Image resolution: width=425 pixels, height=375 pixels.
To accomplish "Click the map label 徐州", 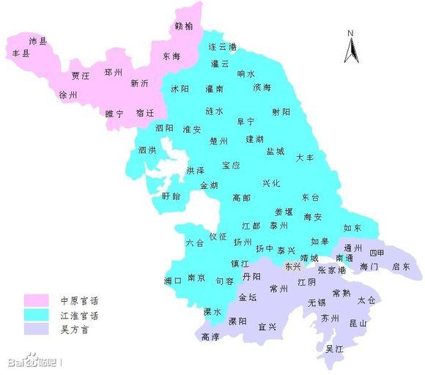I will tap(67, 94).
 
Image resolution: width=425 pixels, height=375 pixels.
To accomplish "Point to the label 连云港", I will tap(222, 46).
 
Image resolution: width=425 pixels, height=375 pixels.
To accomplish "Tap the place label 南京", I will tap(196, 278).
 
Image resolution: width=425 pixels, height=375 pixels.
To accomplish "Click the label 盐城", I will tap(276, 151).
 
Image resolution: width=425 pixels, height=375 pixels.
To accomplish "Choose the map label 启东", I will tap(401, 267).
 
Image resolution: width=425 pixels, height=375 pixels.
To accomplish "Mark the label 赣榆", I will tap(185, 27).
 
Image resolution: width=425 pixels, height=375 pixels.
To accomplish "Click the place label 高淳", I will tap(210, 337).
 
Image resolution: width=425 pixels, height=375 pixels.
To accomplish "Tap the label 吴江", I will tap(333, 349).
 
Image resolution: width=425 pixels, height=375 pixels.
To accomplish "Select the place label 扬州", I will tap(243, 242).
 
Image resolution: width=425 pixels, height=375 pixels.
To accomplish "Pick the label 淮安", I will tap(192, 130).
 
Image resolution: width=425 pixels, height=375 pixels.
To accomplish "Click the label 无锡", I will tap(317, 302).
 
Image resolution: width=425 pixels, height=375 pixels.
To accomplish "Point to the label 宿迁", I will tap(145, 113).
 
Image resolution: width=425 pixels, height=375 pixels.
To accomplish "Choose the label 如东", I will tap(352, 229).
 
